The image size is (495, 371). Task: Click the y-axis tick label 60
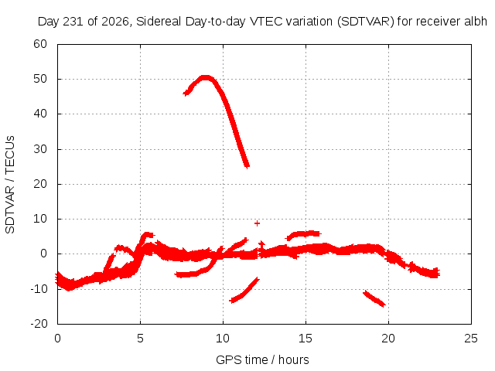pyautogui.click(x=40, y=44)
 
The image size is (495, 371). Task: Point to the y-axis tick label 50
pyautogui.click(x=40, y=79)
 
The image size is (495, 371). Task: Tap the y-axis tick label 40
pyautogui.click(x=40, y=114)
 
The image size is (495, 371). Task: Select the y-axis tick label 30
pyautogui.click(x=40, y=149)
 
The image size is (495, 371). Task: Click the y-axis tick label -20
pyautogui.click(x=39, y=324)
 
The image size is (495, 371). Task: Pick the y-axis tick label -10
pyautogui.click(x=39, y=288)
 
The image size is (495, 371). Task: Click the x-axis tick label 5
pyautogui.click(x=140, y=339)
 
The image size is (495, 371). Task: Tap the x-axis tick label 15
pyautogui.click(x=306, y=339)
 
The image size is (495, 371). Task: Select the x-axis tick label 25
pyautogui.click(x=471, y=339)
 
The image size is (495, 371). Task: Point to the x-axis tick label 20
pyautogui.click(x=388, y=339)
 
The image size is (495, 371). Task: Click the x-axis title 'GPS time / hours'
pyautogui.click(x=262, y=360)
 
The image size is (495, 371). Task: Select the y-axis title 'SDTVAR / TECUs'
pyautogui.click(x=10, y=185)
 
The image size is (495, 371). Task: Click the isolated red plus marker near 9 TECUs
pyautogui.click(x=257, y=223)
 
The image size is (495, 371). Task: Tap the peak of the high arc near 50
pyautogui.click(x=205, y=77)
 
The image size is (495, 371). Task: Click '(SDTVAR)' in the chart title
pyautogui.click(x=366, y=22)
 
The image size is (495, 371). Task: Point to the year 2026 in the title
pyautogui.click(x=115, y=22)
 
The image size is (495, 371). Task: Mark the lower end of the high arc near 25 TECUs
pyautogui.click(x=247, y=166)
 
